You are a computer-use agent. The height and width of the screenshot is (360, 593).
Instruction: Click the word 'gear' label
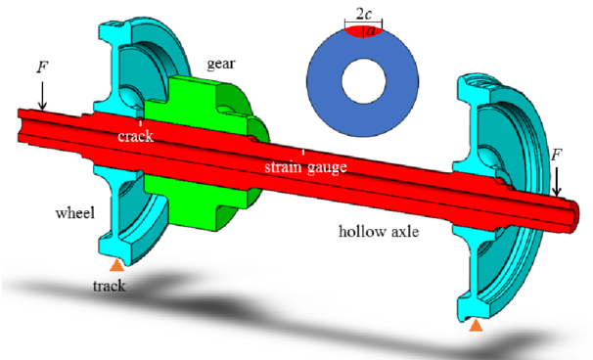[221, 65]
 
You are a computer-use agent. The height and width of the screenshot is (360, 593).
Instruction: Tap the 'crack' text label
[135, 136]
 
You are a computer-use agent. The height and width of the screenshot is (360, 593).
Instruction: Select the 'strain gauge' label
[305, 166]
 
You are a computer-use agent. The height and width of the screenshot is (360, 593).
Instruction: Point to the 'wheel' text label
[75, 213]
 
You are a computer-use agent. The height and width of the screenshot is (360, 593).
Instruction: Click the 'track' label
[110, 286]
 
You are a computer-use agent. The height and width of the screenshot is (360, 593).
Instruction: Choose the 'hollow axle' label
[379, 231]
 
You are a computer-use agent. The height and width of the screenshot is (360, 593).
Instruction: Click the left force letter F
[42, 67]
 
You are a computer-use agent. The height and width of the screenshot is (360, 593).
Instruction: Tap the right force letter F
[556, 155]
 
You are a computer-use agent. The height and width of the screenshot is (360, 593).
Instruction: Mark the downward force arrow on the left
[42, 96]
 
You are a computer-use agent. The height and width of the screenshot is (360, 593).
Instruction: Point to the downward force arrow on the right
[557, 182]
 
